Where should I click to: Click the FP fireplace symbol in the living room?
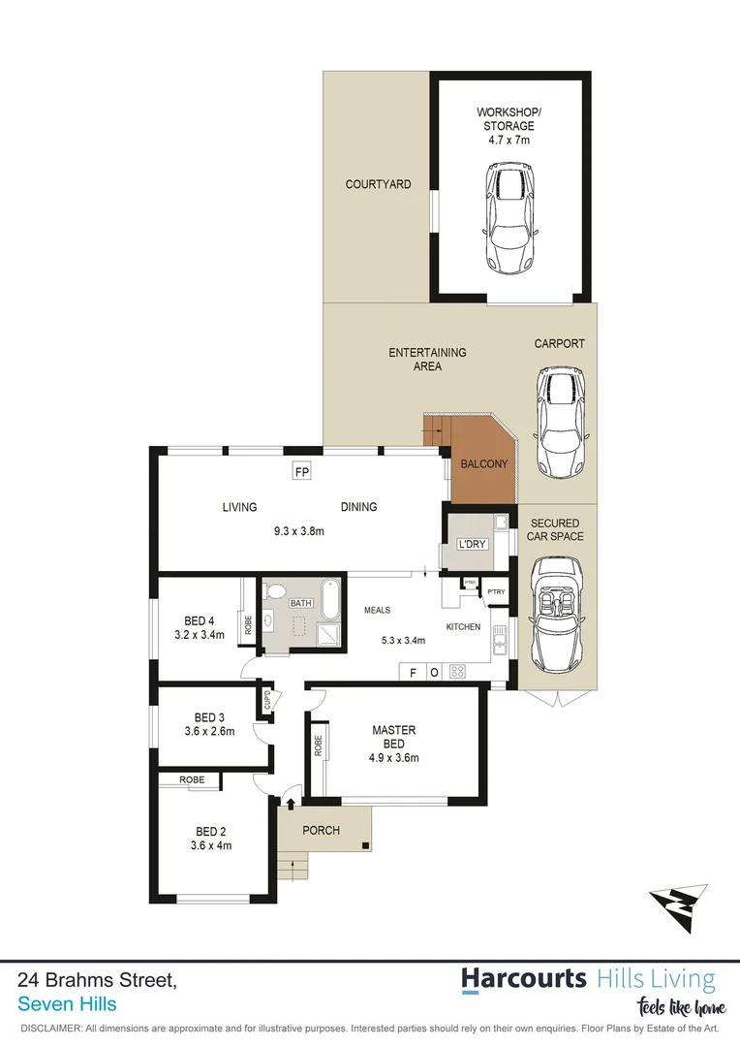tap(302, 472)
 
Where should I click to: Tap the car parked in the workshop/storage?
tap(510, 218)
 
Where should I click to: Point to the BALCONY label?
tap(483, 464)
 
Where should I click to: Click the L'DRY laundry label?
tap(472, 544)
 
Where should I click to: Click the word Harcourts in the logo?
tap(523, 978)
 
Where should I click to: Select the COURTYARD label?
tap(378, 184)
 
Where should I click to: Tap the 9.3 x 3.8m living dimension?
tap(298, 531)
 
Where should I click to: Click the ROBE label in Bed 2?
tap(191, 778)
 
